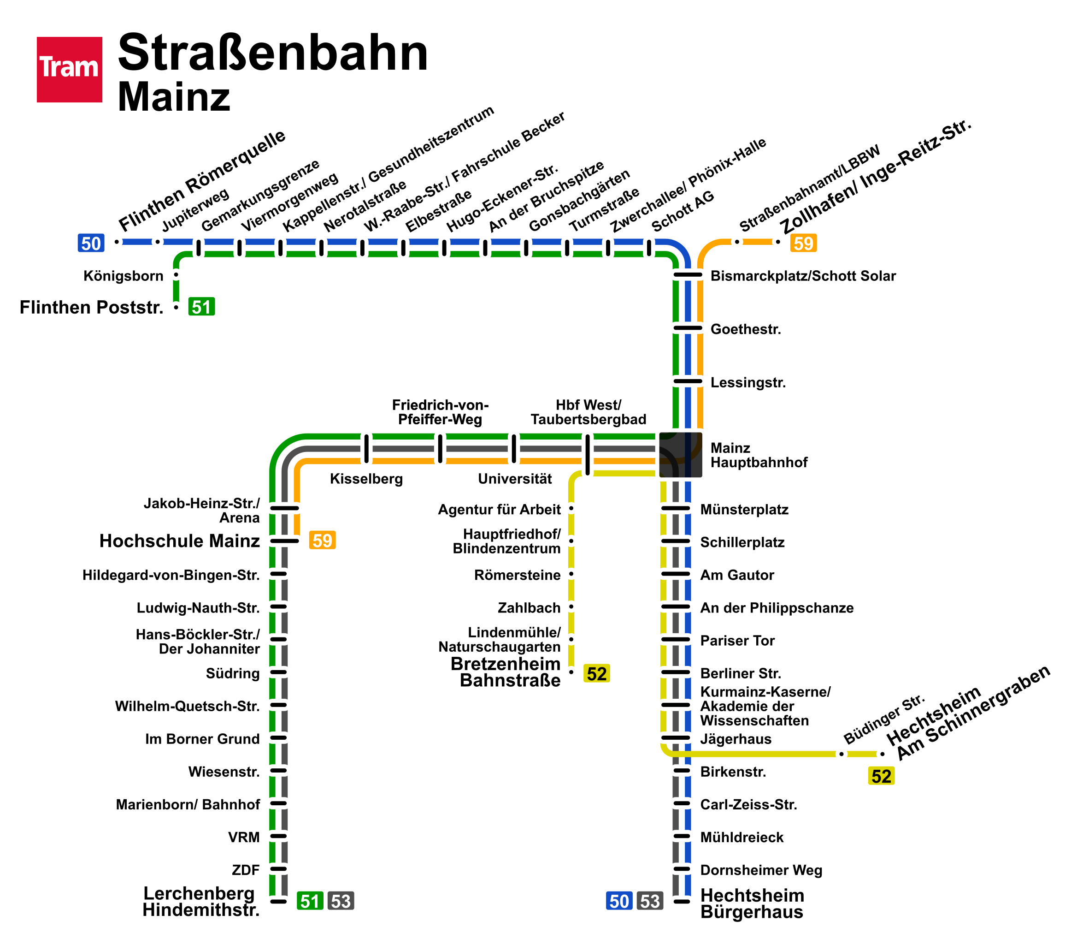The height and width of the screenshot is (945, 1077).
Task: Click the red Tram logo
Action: pyautogui.click(x=69, y=69)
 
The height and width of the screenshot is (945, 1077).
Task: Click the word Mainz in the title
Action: pyautogui.click(x=174, y=97)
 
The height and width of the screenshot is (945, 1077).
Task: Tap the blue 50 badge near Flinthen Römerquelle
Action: pyautogui.click(x=91, y=243)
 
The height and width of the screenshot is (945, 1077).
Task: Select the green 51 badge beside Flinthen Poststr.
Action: pyautogui.click(x=201, y=306)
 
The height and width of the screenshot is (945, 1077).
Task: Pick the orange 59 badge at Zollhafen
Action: pyautogui.click(x=804, y=243)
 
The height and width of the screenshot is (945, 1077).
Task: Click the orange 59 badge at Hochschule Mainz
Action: pyautogui.click(x=323, y=540)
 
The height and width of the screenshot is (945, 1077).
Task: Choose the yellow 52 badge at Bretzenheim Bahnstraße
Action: pyautogui.click(x=596, y=673)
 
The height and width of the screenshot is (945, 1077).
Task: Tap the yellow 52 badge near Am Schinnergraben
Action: pyautogui.click(x=881, y=776)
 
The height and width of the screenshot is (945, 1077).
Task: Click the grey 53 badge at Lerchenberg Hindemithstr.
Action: pyautogui.click(x=341, y=901)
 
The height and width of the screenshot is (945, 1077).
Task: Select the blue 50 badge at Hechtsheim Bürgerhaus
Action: pyautogui.click(x=619, y=901)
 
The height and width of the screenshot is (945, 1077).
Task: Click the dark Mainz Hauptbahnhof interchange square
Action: pyautogui.click(x=681, y=455)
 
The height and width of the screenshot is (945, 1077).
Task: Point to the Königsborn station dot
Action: pyautogui.click(x=176, y=275)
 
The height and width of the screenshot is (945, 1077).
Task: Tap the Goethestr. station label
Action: pyautogui.click(x=746, y=329)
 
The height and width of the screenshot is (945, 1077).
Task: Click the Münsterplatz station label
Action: pyautogui.click(x=744, y=510)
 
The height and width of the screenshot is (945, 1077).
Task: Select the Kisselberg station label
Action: pyautogui.click(x=366, y=479)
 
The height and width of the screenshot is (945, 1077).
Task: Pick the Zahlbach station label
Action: pyautogui.click(x=529, y=607)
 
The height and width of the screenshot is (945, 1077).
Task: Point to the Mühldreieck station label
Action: pyautogui.click(x=742, y=837)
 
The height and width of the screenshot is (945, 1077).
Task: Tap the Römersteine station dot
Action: pyautogui.click(x=571, y=574)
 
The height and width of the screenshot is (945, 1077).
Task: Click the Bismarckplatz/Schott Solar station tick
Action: pyautogui.click(x=688, y=275)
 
